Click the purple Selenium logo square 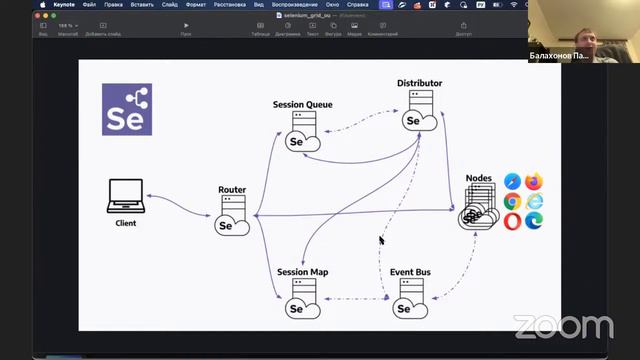(127, 110)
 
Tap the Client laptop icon (125, 197)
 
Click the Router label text (232, 189)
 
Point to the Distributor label (419, 83)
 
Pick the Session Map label (303, 272)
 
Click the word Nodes (479, 178)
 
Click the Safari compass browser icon (513, 181)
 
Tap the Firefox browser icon (534, 181)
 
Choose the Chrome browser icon (513, 201)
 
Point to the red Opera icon (513, 222)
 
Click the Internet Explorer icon (534, 201)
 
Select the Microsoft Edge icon (534, 222)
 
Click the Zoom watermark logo (563, 327)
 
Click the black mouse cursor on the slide (381, 240)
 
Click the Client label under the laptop (125, 223)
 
